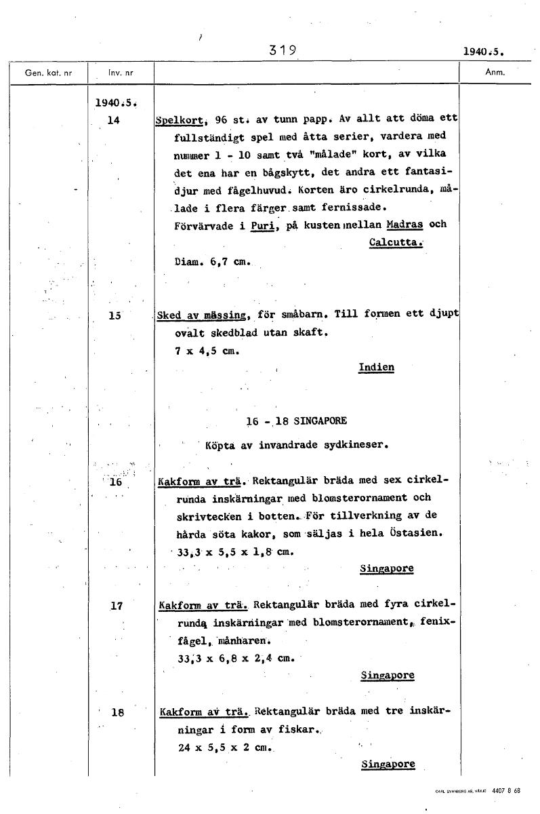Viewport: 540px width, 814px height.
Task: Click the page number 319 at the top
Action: tap(283, 50)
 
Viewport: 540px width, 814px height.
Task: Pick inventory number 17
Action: tap(116, 606)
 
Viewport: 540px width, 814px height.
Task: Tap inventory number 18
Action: tap(117, 713)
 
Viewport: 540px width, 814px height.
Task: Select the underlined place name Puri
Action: tap(261, 225)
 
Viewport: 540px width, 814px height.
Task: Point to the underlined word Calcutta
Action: tap(396, 242)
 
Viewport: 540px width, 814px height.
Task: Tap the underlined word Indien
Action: tap(376, 368)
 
